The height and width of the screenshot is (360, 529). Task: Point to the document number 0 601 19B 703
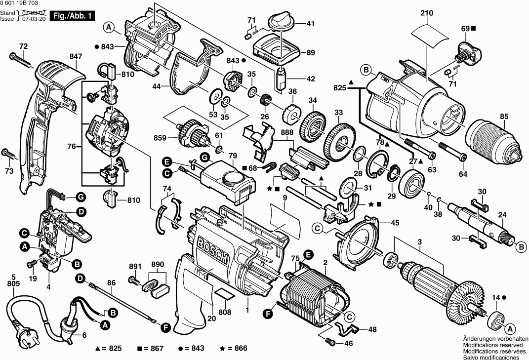pos(23,3)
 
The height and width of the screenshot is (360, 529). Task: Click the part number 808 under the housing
pos(225,312)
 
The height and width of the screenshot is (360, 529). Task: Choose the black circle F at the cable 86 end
pos(164,327)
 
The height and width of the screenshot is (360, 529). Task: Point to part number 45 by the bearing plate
pos(395,223)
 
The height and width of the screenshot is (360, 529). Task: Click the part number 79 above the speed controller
pos(233,157)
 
